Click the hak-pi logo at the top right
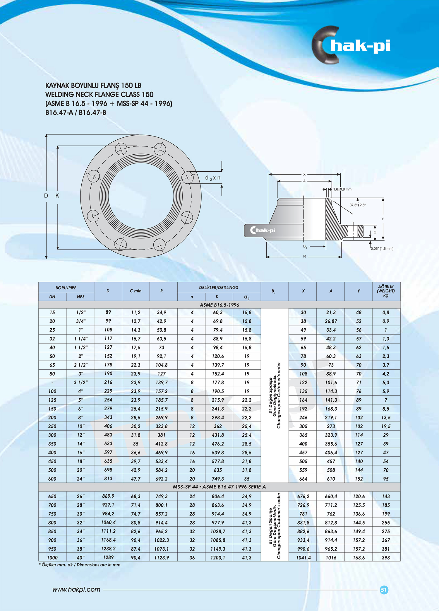click(351, 46)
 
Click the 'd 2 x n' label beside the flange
click(213, 178)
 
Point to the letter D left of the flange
click(46, 196)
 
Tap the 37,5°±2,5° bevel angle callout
click(357, 205)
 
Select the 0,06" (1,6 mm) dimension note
click(382, 248)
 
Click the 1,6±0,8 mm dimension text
click(342, 189)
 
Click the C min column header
click(136, 291)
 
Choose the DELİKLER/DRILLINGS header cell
click(219, 288)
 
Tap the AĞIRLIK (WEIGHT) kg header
click(386, 291)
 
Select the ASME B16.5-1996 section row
click(219, 305)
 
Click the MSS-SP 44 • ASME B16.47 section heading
click(219, 487)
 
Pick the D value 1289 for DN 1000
click(108, 557)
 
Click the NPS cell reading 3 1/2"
click(80, 383)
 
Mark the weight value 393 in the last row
click(386, 558)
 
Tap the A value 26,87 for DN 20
click(331, 321)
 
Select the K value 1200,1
click(218, 558)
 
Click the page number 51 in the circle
click(384, 590)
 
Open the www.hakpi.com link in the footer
click(76, 590)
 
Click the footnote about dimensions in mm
click(80, 565)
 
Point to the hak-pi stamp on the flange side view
click(263, 230)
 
